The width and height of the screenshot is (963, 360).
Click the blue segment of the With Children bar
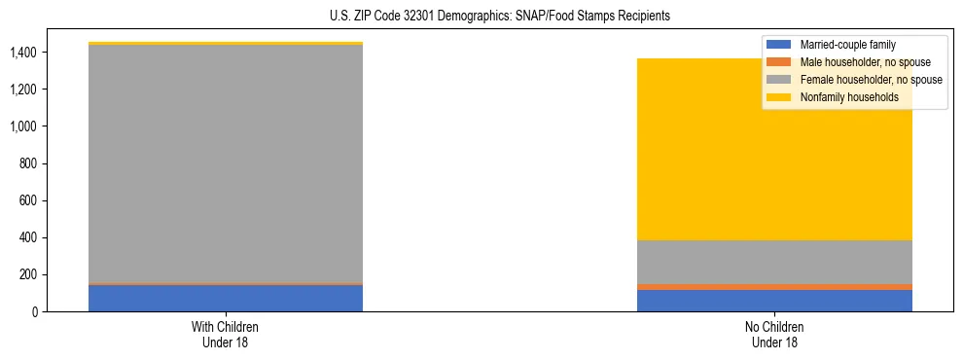[x=226, y=298]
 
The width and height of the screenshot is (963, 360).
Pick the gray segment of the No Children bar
[x=774, y=262]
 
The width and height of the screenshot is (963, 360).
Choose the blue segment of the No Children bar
[x=774, y=301]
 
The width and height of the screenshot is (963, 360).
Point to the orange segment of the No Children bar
[x=774, y=287]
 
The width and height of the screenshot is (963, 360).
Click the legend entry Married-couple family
[x=847, y=45]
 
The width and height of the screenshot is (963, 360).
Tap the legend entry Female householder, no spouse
[x=871, y=80]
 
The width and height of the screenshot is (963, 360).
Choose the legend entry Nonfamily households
[x=849, y=97]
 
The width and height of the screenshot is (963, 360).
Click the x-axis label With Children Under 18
[x=226, y=334]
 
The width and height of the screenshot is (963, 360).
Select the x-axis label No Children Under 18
[x=774, y=334]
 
